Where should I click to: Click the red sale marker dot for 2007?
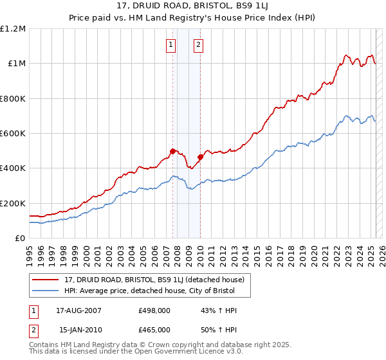pos(172,151)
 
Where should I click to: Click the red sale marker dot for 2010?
pos(200,156)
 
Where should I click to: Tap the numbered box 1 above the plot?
pos(171,44)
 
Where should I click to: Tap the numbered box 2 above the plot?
pos(198,44)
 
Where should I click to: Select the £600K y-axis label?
pos(13,134)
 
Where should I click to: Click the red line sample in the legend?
pos(46,280)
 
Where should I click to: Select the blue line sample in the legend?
pos(46,291)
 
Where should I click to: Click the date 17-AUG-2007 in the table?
pos(78,310)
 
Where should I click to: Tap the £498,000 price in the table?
pos(154,310)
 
